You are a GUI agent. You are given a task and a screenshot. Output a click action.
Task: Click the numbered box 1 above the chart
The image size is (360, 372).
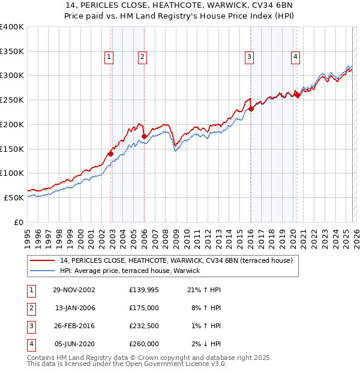click(109, 57)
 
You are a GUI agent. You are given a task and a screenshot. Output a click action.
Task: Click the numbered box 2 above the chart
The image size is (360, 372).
click(142, 57)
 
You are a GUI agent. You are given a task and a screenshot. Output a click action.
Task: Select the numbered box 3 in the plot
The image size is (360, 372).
click(248, 57)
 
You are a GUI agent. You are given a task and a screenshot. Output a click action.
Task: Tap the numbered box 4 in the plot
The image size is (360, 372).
click(296, 57)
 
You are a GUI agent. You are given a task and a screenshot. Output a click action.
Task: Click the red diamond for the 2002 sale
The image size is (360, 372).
click(111, 154)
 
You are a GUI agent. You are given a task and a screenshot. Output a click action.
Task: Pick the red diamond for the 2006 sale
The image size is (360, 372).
click(144, 137)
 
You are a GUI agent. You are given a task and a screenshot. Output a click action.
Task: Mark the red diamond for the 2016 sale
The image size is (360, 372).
click(251, 109)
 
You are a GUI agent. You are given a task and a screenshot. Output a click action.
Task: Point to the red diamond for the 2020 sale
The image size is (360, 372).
click(297, 95)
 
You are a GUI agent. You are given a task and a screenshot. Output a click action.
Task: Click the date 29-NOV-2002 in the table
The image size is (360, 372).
click(74, 290)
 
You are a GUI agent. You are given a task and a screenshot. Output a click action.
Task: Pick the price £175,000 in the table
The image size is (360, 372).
click(144, 308)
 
